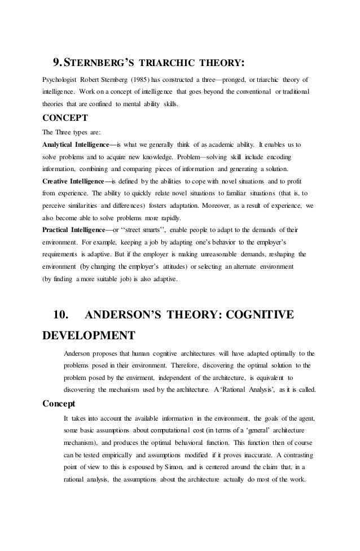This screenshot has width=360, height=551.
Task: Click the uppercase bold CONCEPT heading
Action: click(x=65, y=119)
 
